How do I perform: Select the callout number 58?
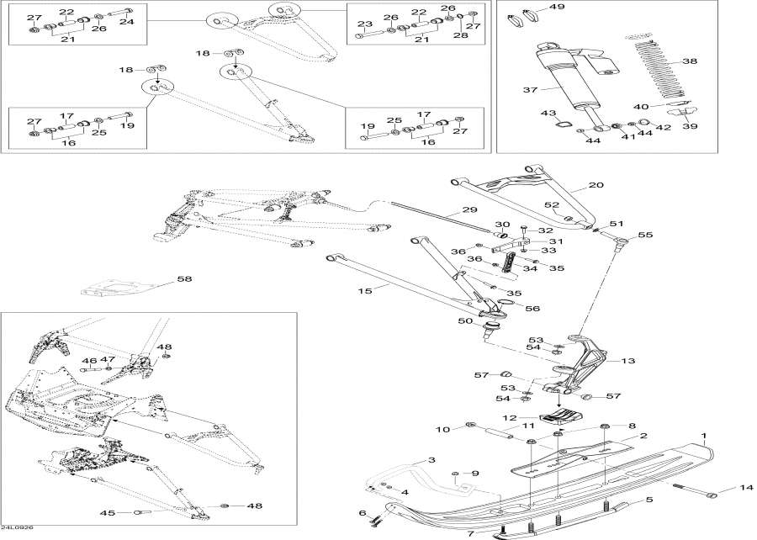(184, 279)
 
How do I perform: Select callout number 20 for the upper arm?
(596, 185)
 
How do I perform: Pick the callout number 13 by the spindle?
(627, 361)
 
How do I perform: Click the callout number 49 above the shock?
(557, 7)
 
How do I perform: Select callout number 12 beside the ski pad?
(509, 418)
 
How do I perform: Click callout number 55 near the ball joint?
(646, 236)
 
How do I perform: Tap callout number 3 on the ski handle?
(430, 460)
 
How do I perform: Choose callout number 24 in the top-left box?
(126, 22)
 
